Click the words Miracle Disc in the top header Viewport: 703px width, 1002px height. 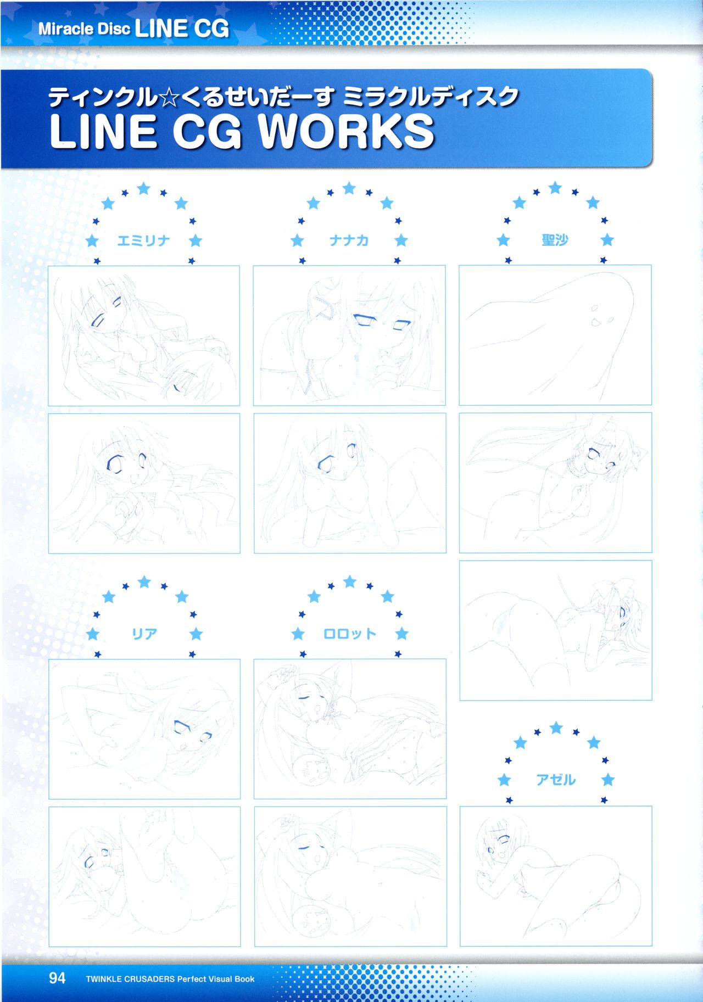(84, 29)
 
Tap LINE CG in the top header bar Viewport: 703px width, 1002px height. (182, 29)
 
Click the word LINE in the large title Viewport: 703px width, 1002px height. (103, 132)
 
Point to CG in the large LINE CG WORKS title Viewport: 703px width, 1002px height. (208, 132)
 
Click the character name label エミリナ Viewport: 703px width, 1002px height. (144, 240)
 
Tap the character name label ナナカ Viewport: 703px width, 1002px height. (349, 240)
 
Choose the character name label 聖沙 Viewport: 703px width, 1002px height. (555, 240)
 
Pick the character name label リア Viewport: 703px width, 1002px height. (144, 634)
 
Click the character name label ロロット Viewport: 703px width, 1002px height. (350, 634)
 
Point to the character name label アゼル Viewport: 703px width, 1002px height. (556, 780)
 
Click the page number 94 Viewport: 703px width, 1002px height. (57, 978)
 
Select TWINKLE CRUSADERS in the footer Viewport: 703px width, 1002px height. (130, 979)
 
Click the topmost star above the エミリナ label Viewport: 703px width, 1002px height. (144, 189)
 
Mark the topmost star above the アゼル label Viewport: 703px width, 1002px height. (556, 728)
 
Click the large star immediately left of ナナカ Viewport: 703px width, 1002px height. (297, 240)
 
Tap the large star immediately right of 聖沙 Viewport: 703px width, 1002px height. (607, 240)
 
